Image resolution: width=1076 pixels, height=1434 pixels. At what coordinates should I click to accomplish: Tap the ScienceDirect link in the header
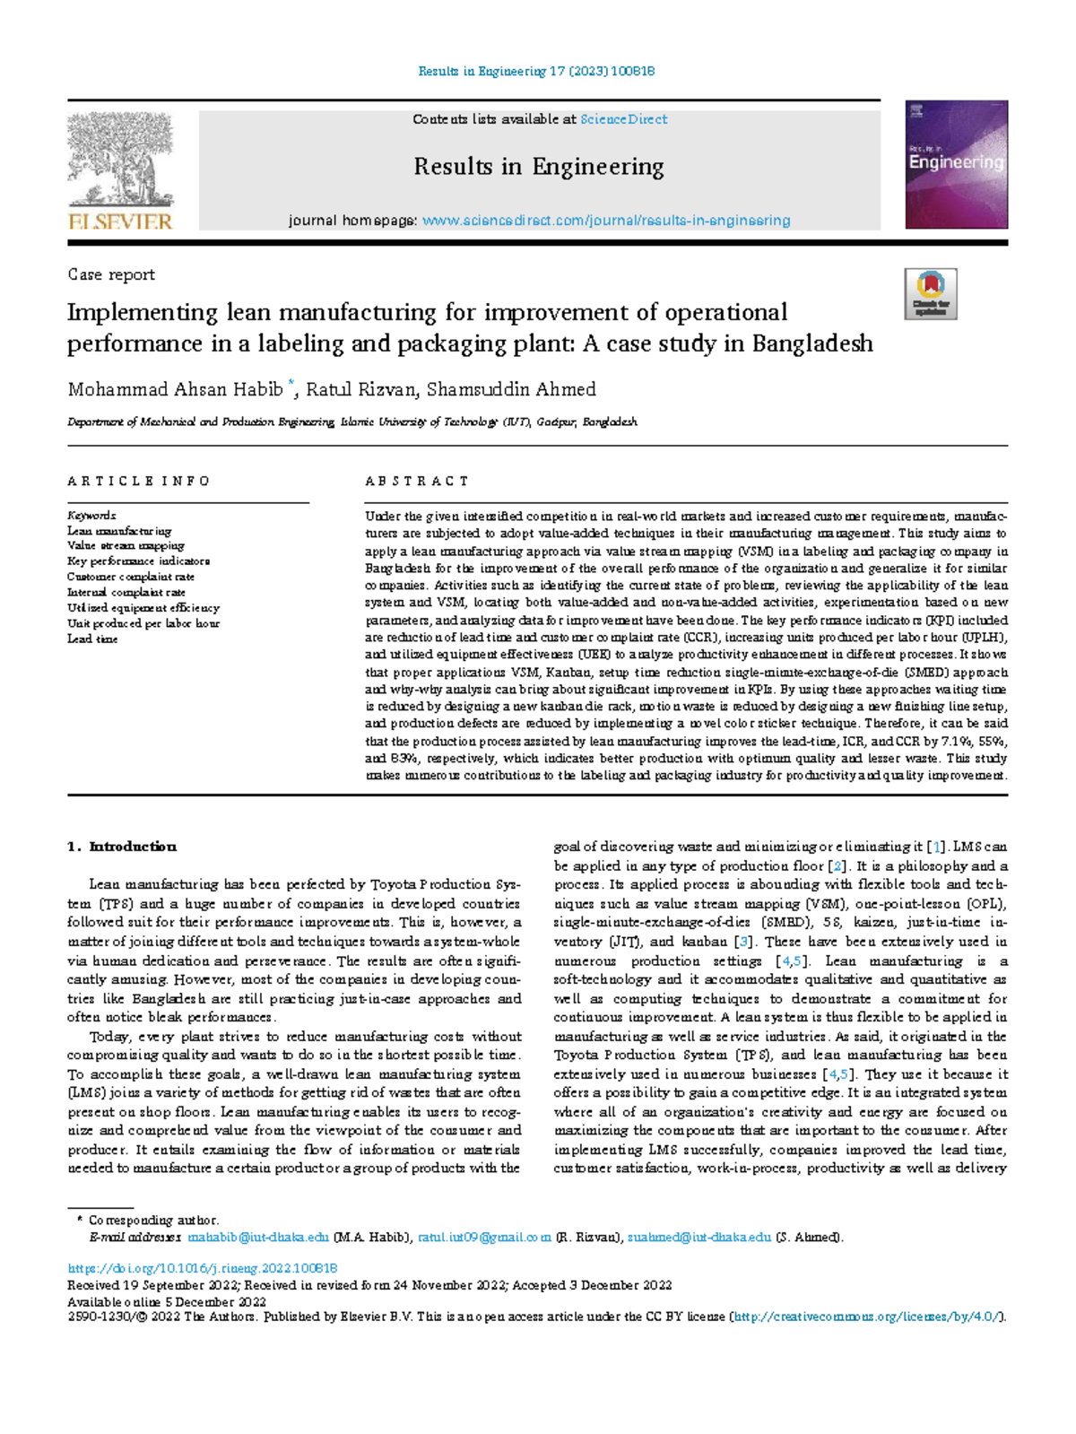tap(623, 119)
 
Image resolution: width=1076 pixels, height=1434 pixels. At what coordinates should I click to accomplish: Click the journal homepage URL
tap(606, 221)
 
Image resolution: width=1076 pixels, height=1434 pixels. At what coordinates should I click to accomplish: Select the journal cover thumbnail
tap(956, 164)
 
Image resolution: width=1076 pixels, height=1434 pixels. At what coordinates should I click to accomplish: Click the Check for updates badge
tap(930, 294)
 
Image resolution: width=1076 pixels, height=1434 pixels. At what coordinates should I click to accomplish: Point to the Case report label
tap(111, 275)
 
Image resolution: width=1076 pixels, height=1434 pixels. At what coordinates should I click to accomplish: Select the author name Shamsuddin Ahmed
tap(511, 389)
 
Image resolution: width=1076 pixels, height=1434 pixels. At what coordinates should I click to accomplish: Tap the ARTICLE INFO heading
tap(139, 482)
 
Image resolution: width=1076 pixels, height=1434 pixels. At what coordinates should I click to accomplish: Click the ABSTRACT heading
tap(417, 482)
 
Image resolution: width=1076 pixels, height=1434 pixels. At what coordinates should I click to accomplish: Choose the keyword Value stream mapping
tap(126, 545)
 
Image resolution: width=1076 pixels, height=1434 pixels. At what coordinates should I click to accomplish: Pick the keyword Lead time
tap(92, 639)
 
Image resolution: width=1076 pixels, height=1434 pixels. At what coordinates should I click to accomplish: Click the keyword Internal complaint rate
tap(126, 592)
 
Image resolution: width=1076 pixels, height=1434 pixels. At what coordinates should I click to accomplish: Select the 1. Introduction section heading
tap(122, 847)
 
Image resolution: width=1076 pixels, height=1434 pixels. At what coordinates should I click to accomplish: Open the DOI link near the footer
tap(203, 1268)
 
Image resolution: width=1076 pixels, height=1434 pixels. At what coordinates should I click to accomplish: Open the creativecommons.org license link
tap(867, 1317)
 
